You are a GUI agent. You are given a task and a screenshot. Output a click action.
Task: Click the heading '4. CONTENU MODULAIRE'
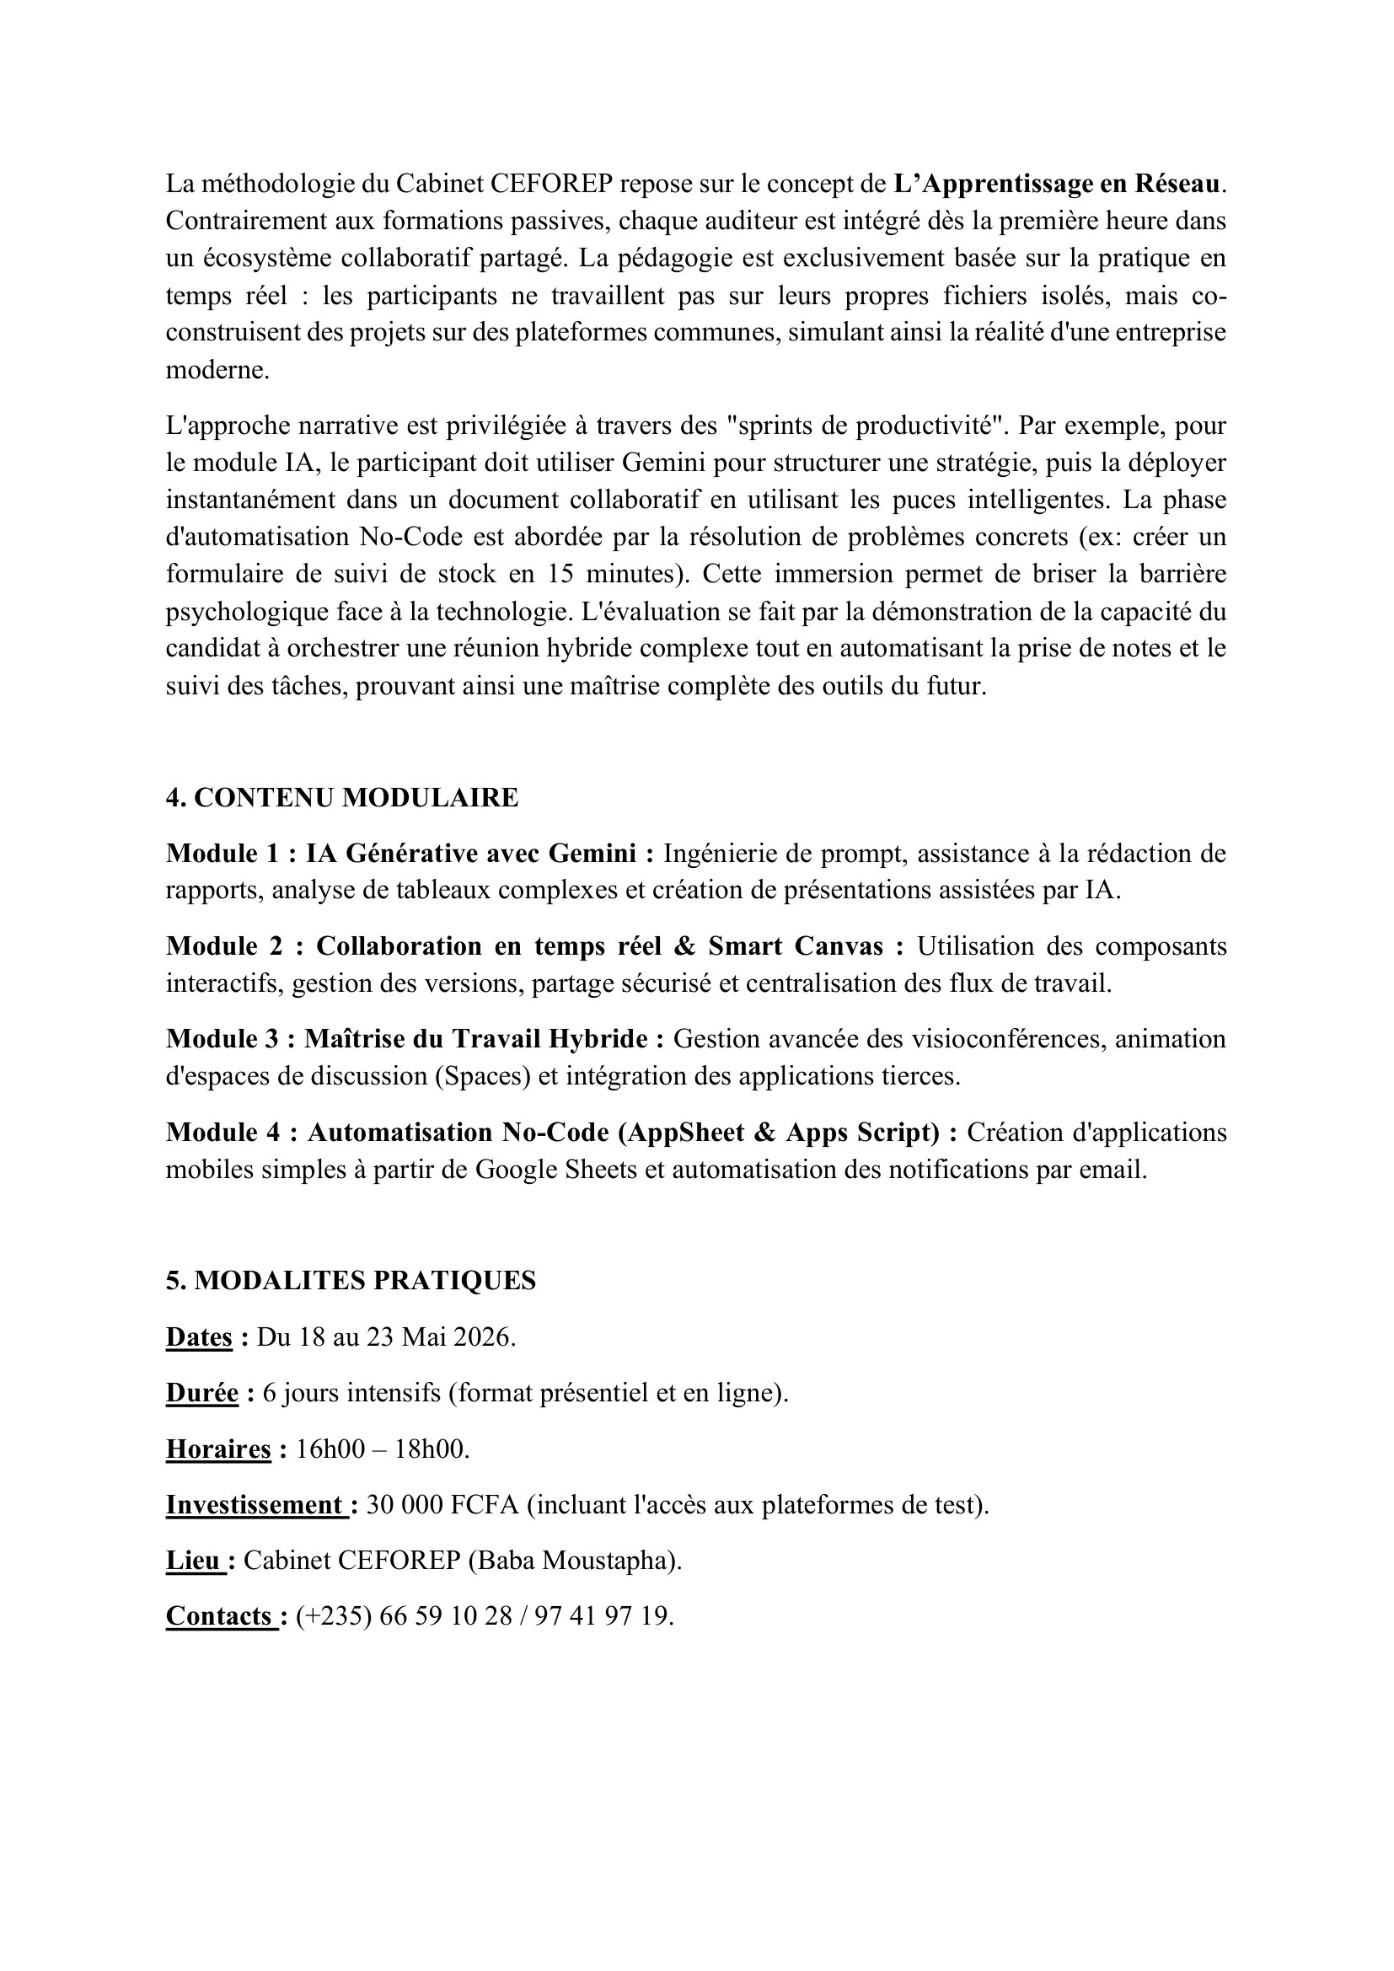click(341, 797)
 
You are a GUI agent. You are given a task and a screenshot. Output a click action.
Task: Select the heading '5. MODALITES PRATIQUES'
click(351, 1281)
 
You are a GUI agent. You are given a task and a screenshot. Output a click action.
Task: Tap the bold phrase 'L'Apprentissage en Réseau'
click(1056, 184)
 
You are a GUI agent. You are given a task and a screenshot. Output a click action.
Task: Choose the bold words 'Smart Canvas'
click(795, 946)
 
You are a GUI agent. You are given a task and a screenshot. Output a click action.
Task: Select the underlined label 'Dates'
click(199, 1337)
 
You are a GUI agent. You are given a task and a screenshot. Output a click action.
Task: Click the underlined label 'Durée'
click(201, 1393)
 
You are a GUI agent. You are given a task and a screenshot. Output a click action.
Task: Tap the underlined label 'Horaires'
click(218, 1449)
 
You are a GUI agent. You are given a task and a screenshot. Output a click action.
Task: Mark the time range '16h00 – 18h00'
click(382, 1449)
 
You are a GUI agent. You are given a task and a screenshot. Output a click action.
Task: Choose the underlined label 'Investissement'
click(254, 1505)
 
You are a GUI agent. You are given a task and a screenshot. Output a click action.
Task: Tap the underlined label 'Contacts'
click(219, 1616)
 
